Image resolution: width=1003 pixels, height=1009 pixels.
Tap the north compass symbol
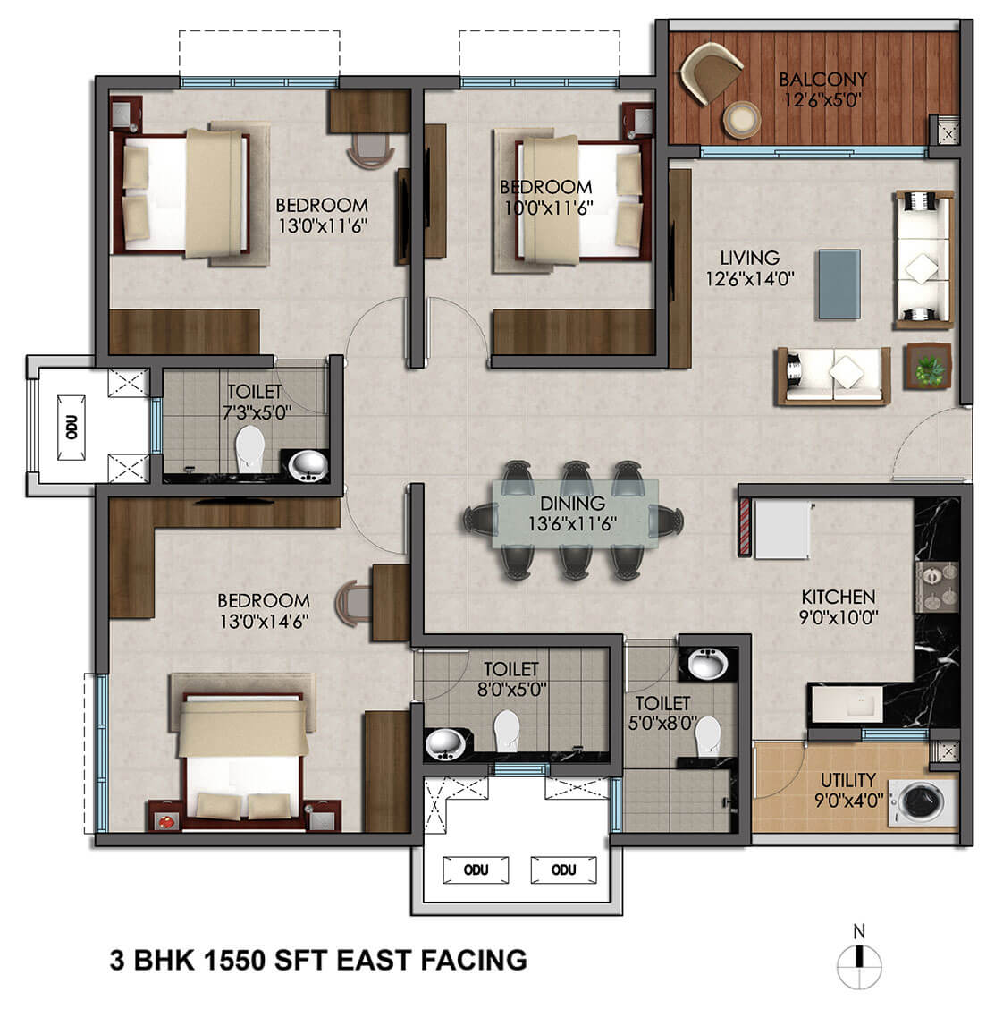click(x=859, y=961)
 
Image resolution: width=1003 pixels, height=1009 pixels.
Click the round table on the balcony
click(x=741, y=120)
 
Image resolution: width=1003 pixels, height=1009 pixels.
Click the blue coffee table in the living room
click(x=840, y=284)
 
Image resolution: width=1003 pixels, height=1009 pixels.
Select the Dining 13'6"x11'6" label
click(x=572, y=513)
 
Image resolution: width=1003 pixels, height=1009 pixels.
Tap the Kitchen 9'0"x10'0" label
click(x=838, y=606)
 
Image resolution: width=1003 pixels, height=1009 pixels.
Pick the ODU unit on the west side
click(x=72, y=427)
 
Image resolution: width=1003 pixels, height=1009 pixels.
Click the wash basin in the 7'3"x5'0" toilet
click(x=309, y=465)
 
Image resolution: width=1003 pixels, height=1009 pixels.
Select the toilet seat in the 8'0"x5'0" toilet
click(x=507, y=729)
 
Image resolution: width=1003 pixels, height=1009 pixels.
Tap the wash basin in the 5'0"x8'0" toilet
click(x=707, y=664)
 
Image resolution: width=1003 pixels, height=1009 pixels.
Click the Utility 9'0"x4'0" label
click(x=847, y=789)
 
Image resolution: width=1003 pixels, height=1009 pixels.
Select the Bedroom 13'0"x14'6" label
click(x=263, y=610)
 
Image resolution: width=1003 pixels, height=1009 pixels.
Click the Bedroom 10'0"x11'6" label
click(x=545, y=198)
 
